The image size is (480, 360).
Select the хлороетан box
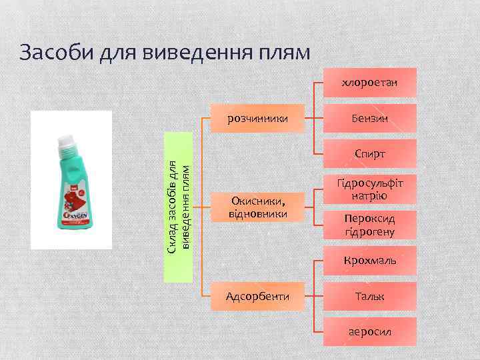pos(369,83)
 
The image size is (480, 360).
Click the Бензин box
pos(369,119)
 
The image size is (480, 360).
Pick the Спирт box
pos(369,154)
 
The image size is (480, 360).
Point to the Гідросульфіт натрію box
pos(369,189)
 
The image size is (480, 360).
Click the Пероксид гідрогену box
pos(369,225)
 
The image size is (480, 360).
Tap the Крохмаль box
pos(369,260)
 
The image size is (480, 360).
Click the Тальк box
pos(369,295)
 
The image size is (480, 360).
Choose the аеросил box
pos(369,331)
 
